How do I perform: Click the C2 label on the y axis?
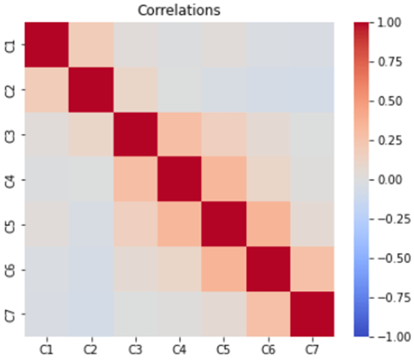pos(9,89)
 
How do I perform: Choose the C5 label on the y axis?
pos(9,224)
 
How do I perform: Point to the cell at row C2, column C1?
pos(46,89)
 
